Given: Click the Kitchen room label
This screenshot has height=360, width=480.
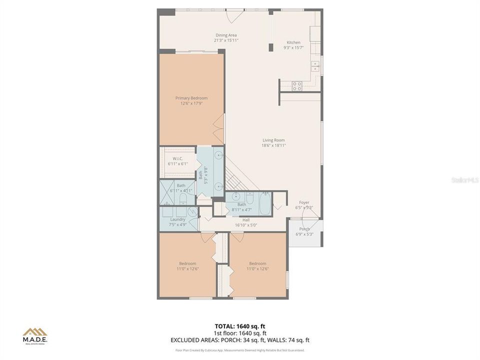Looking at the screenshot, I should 293,42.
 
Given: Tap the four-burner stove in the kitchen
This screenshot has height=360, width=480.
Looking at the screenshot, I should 297,86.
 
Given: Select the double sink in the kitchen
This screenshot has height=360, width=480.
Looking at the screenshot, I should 315,66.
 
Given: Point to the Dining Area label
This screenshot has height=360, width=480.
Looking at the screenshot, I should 226,35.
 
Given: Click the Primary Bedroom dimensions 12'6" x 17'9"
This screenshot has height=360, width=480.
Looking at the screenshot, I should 191,103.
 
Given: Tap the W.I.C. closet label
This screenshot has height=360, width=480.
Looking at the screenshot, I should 177,158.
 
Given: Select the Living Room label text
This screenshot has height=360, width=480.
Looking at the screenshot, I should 273,140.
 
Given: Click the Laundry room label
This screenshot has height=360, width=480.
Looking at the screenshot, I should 178,219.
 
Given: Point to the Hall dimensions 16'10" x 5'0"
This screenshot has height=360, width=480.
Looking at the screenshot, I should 246,225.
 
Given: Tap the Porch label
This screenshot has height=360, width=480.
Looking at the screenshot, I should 304,228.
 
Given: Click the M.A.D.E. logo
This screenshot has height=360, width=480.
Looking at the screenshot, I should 35,336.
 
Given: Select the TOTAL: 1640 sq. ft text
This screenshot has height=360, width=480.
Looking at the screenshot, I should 240,326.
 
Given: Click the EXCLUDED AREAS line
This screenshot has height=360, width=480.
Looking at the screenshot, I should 240,340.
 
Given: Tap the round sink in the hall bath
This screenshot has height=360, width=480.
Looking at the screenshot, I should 235,197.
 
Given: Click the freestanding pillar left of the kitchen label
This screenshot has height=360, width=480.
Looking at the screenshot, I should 271,47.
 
